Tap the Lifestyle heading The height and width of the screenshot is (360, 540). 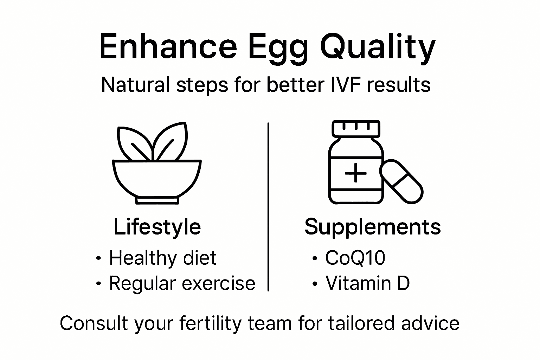(157, 227)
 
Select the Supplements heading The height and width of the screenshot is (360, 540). (372, 227)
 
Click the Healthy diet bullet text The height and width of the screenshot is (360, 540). (162, 258)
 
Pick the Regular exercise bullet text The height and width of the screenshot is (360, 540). (182, 283)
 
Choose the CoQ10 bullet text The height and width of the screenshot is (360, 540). (355, 258)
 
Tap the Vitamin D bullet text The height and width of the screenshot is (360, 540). (367, 283)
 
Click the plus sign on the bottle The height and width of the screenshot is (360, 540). (355, 173)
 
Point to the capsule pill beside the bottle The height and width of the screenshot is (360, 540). (401, 181)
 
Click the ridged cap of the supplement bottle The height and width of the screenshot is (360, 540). (356, 129)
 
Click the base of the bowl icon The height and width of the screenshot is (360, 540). (157, 200)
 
